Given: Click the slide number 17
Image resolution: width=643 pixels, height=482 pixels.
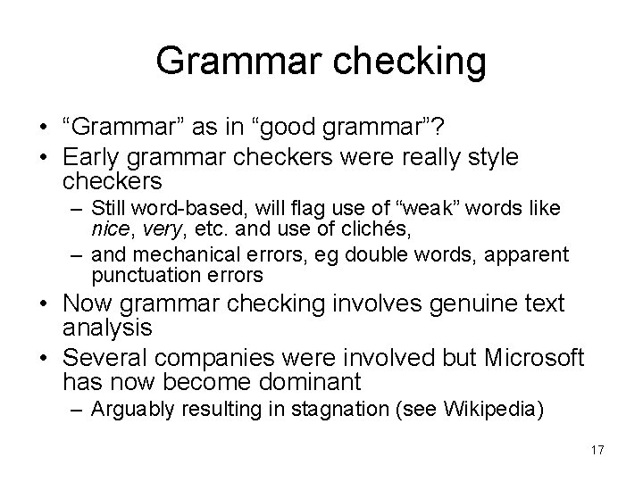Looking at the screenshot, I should pyautogui.click(x=597, y=449).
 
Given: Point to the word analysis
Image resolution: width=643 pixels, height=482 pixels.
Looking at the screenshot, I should pyautogui.click(x=108, y=328).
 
